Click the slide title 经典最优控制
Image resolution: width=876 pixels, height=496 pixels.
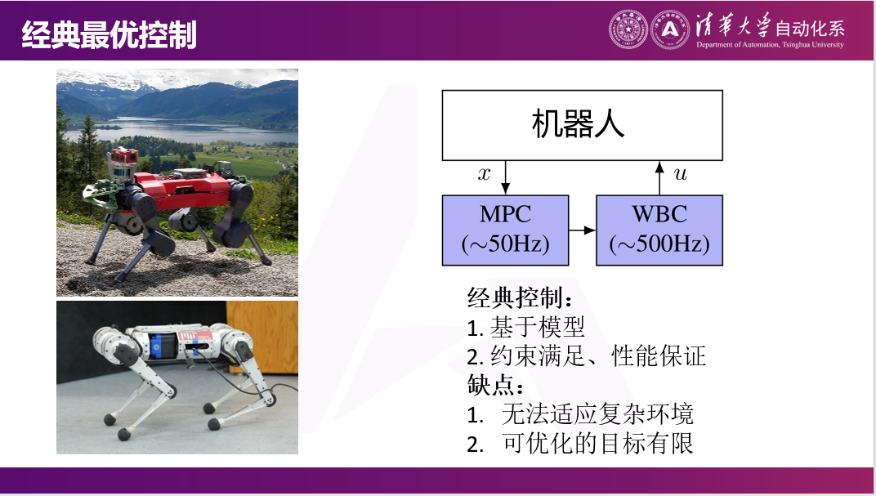[x=109, y=35]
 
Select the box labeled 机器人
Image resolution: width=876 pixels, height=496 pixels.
[x=582, y=125]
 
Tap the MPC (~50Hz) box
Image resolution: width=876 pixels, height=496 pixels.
[x=505, y=230]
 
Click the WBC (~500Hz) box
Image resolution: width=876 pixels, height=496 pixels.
[x=659, y=230]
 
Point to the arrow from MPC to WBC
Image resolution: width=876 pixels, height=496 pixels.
[x=582, y=231]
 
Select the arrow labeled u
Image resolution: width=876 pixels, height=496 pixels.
[x=659, y=177]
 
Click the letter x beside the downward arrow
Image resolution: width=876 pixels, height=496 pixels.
[x=485, y=173]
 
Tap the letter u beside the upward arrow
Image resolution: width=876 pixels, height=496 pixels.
[x=680, y=173]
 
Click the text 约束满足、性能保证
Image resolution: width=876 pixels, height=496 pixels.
[x=598, y=356]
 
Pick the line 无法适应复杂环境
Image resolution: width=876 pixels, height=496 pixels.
[x=597, y=414]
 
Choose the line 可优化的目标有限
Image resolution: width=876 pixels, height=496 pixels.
[x=597, y=443]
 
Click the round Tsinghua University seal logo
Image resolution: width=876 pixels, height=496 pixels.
[x=628, y=30]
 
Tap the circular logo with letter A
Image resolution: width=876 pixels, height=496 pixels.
[x=670, y=30]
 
